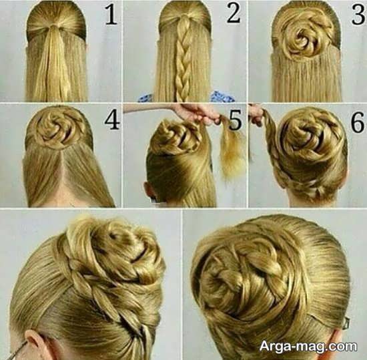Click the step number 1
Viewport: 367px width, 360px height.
pos(111,15)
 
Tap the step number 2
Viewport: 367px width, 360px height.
pos(234,13)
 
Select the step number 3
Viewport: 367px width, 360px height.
pos(358,15)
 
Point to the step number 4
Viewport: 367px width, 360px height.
pos(112,120)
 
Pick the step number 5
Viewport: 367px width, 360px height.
pos(235,121)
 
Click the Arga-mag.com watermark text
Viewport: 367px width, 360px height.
pos(308,346)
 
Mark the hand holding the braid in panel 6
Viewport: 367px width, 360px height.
pos(257,115)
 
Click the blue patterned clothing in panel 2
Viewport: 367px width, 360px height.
pos(221,96)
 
